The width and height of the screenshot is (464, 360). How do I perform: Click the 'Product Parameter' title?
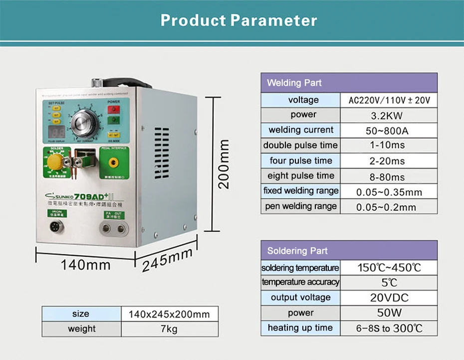[x=238, y=20]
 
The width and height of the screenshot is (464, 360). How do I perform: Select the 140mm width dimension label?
[x=85, y=264]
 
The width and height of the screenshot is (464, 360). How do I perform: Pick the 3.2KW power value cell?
[x=387, y=116]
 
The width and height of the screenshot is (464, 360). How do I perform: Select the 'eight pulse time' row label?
[x=301, y=176]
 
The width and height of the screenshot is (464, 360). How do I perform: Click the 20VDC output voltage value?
[x=389, y=298]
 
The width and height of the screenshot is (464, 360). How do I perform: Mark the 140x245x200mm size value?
[x=169, y=314]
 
